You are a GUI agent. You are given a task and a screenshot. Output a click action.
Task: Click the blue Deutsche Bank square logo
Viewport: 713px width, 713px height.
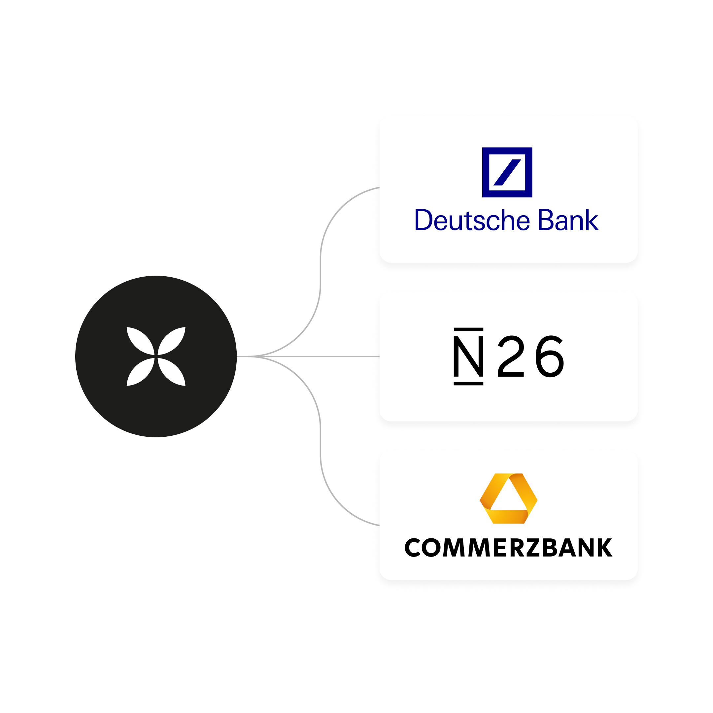507,172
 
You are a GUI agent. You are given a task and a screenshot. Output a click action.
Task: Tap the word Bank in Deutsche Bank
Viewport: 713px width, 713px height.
568,220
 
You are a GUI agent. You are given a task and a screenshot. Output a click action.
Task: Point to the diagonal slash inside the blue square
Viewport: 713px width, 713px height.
507,173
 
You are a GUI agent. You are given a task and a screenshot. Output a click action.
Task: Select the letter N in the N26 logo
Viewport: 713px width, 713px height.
468,356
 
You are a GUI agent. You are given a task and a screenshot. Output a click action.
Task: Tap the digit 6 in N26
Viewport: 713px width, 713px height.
550,356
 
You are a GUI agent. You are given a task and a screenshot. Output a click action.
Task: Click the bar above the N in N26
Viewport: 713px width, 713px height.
468,329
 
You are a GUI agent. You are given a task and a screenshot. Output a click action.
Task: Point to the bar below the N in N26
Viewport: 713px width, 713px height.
468,384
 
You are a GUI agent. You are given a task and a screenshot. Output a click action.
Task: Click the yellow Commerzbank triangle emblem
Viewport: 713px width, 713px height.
508,498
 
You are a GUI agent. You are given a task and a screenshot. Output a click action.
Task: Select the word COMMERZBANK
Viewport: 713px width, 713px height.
508,548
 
